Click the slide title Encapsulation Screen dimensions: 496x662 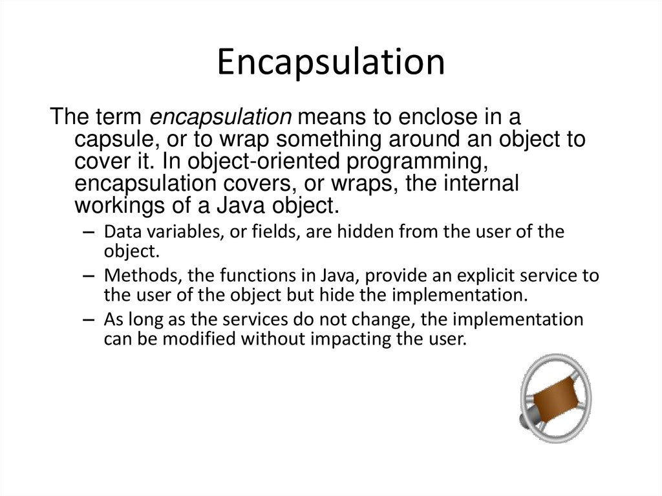[330, 63]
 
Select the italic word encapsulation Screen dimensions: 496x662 [221, 118]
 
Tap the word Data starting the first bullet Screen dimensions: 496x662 [118, 232]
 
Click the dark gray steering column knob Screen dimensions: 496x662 [525, 421]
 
